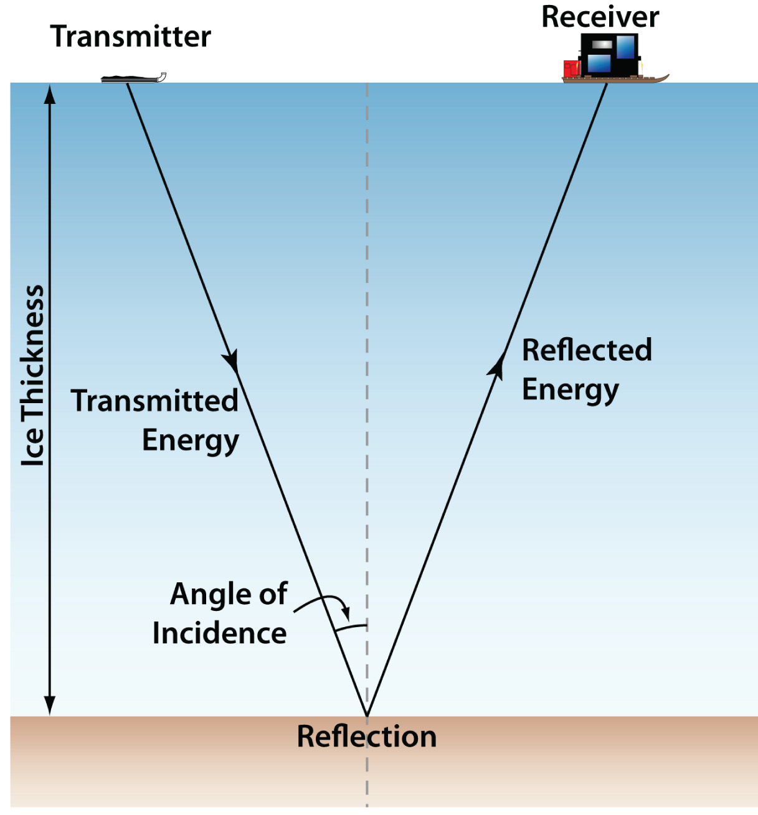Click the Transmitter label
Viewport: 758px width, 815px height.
pos(130,37)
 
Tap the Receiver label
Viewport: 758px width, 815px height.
pos(600,17)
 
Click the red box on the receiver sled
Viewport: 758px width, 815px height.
pos(571,68)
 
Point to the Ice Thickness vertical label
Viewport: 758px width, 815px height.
pos(33,376)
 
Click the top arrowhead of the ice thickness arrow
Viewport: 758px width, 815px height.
pos(50,93)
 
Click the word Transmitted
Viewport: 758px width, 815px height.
pos(154,401)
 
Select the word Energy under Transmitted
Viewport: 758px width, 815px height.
pos(190,440)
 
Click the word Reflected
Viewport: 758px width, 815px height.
pos(587,350)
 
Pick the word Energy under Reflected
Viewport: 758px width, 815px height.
pos(570,390)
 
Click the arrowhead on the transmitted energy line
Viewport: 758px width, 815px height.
pos(231,361)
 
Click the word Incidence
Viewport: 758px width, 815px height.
pos(219,633)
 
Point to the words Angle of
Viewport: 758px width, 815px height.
pos(229,594)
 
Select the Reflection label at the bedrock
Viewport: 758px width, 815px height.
pos(366,737)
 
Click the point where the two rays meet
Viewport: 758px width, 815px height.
pos(367,716)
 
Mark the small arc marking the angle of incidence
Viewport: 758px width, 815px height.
pos(351,627)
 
